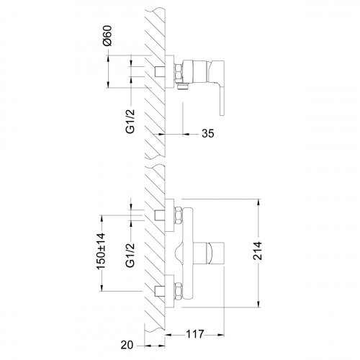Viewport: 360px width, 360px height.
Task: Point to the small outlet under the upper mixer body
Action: pos(182,89)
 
